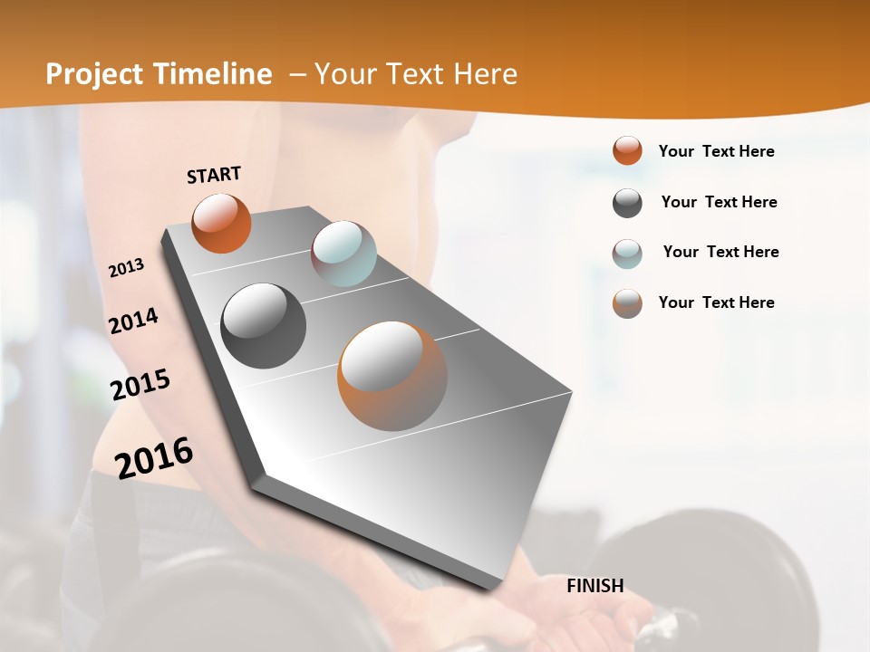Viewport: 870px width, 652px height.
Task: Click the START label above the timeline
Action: [x=214, y=175]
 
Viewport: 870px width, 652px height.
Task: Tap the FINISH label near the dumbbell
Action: [x=594, y=586]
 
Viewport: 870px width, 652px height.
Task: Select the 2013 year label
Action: [x=126, y=268]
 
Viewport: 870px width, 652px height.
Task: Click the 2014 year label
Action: [x=133, y=321]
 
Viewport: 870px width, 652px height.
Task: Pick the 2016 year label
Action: [x=154, y=458]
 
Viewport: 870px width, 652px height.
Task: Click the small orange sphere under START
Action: [x=221, y=223]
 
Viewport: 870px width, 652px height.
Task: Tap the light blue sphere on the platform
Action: [x=343, y=254]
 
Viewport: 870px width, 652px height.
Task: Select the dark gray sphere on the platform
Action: [x=263, y=326]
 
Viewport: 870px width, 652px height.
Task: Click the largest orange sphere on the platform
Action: [x=392, y=376]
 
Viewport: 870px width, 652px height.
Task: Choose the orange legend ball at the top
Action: [x=627, y=151]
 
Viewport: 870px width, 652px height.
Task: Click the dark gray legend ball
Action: [x=627, y=203]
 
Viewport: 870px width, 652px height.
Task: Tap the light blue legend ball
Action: [x=627, y=254]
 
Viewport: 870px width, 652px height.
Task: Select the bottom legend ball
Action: [x=627, y=303]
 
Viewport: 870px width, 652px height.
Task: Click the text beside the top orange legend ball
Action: [x=716, y=151]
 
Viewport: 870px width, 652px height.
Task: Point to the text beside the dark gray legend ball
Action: [x=719, y=202]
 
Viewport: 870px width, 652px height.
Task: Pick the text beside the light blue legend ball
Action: [x=720, y=252]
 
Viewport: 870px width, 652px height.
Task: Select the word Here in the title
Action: [x=484, y=74]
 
